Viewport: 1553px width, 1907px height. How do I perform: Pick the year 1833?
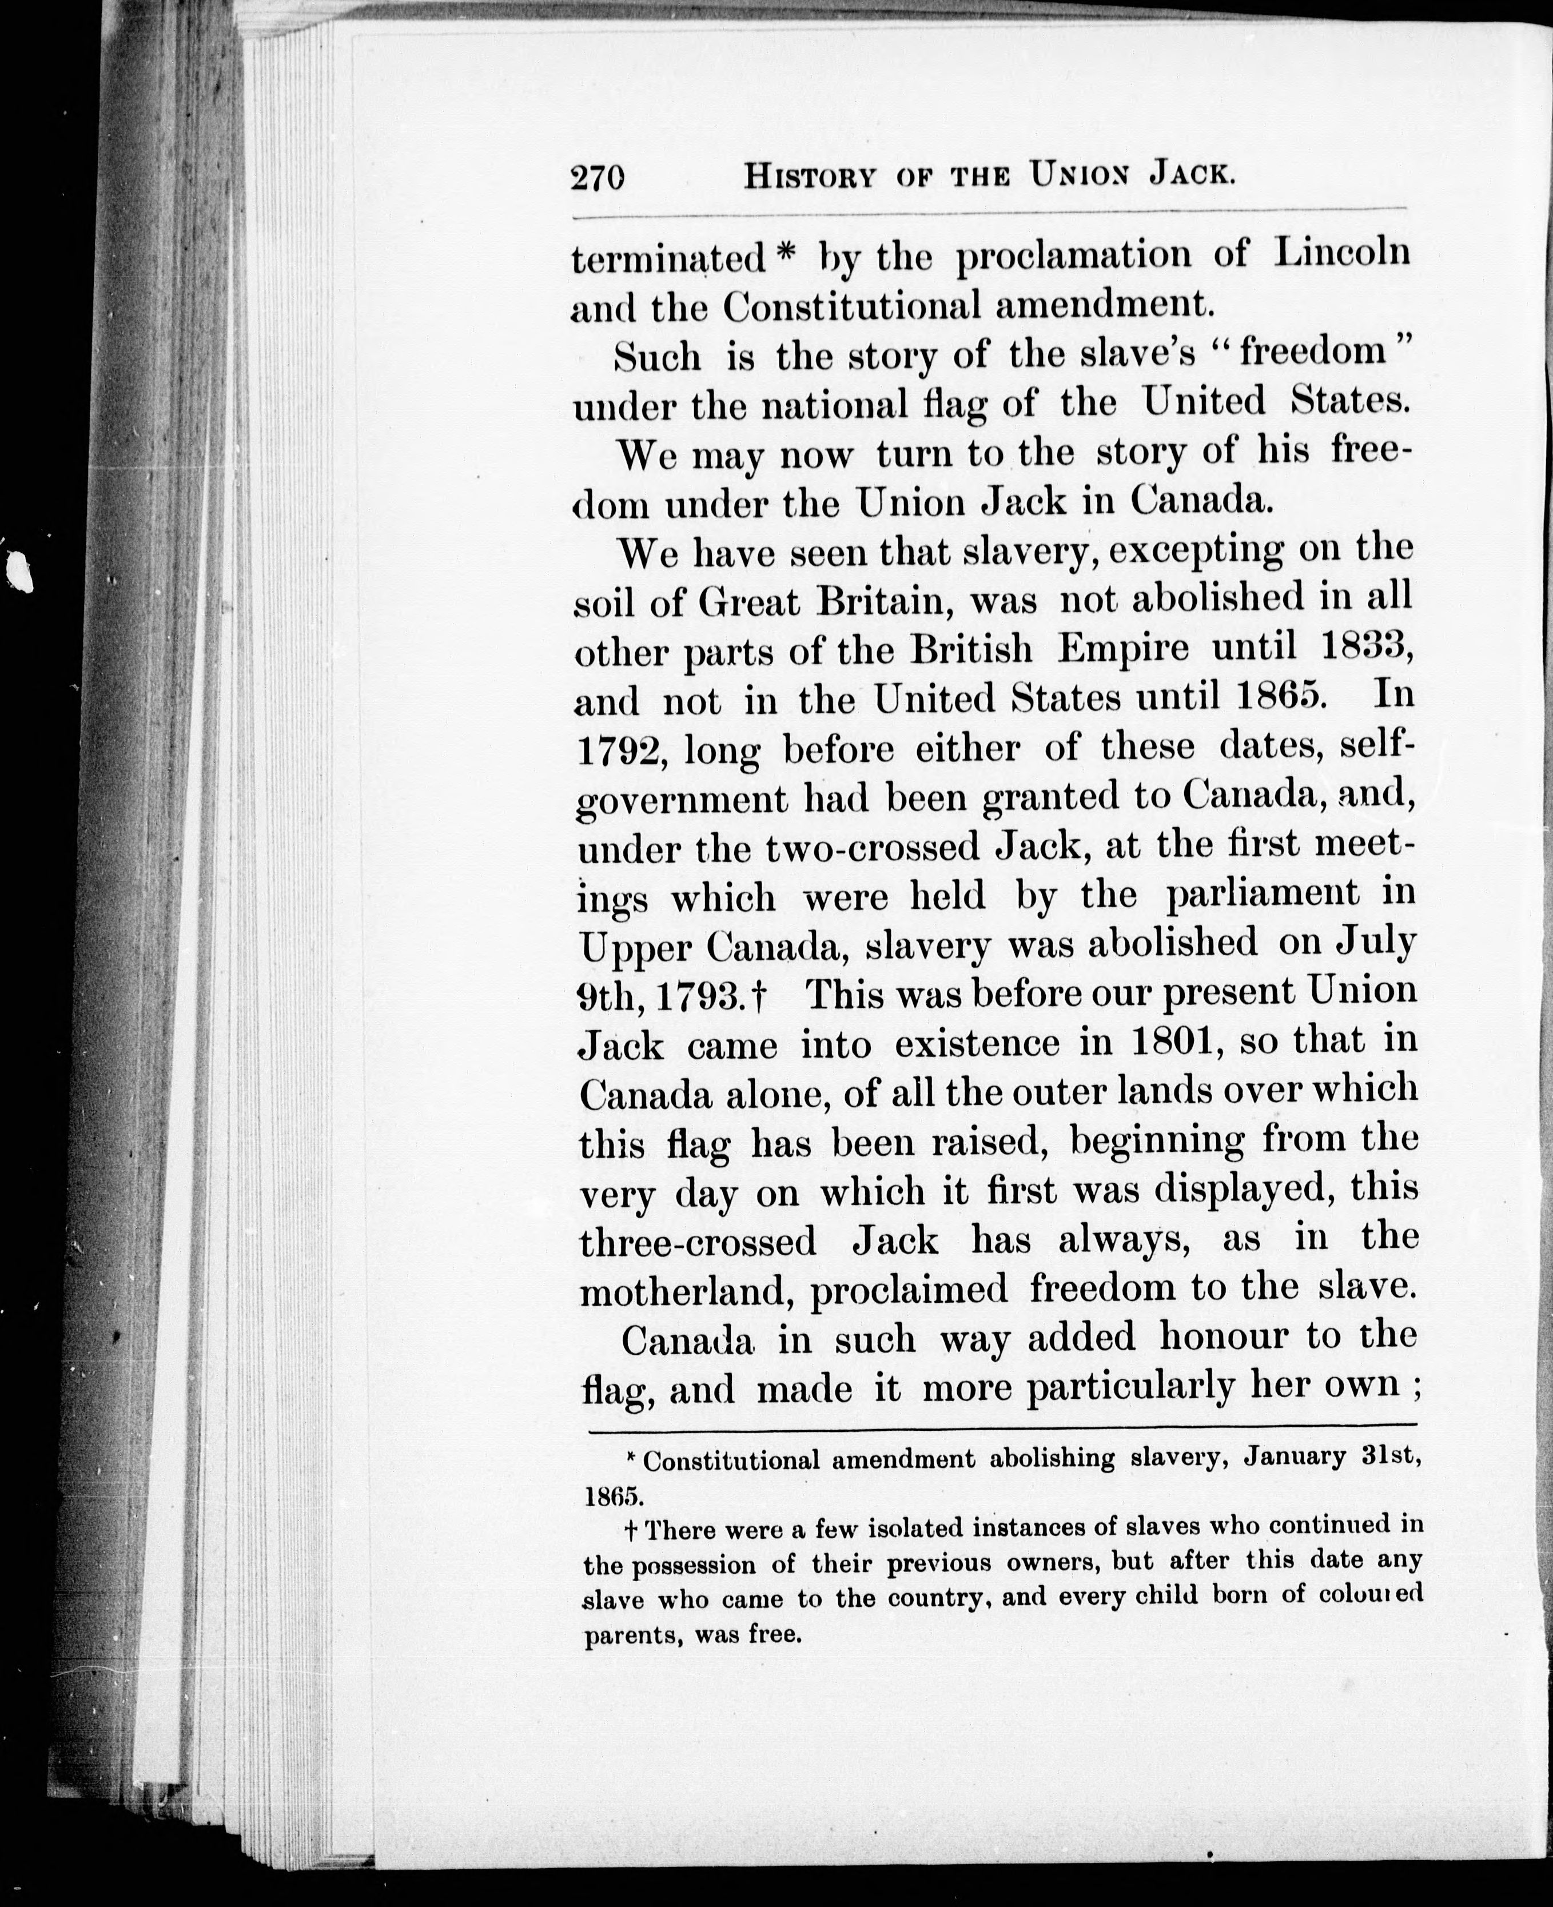coord(1368,646)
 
